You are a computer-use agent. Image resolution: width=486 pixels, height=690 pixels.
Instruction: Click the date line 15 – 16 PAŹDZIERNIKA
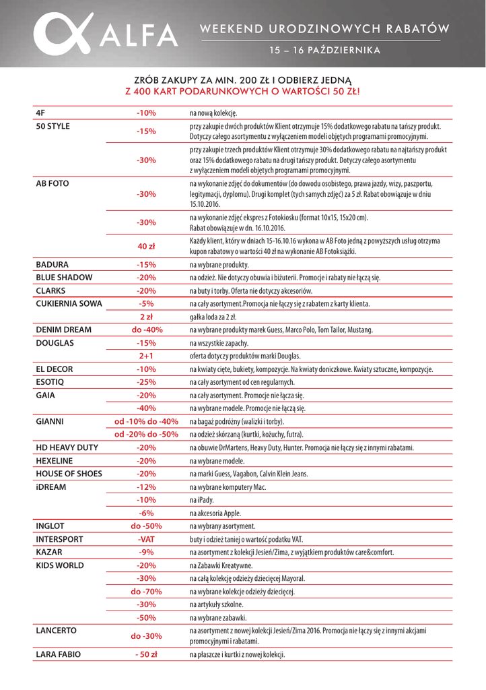point(324,51)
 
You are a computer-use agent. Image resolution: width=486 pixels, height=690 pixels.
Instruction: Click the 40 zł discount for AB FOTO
point(146,246)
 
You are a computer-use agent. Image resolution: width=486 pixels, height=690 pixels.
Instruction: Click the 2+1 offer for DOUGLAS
point(146,356)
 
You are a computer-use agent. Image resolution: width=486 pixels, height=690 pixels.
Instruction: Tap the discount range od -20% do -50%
point(146,434)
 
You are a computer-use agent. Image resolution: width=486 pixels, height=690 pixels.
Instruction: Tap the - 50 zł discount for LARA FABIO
point(146,654)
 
